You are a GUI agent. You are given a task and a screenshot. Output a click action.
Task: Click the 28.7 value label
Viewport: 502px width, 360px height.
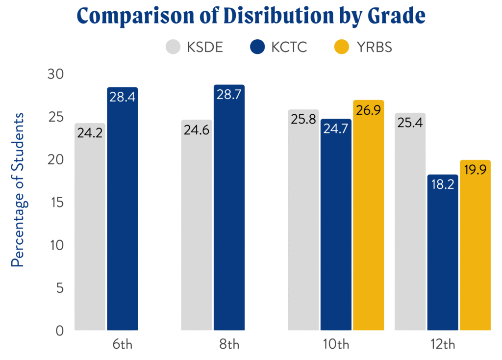tap(229, 95)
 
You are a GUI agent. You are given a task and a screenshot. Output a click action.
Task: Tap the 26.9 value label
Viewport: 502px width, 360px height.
tap(368, 110)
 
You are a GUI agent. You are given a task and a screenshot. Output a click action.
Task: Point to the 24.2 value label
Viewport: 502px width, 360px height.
tap(90, 133)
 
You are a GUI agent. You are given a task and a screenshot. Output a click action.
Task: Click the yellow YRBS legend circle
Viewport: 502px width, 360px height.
tap(341, 47)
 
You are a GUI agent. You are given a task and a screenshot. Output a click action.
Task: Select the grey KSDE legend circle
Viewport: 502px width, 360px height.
tap(174, 47)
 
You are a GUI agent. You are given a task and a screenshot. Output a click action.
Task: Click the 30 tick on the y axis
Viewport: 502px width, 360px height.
tap(55, 75)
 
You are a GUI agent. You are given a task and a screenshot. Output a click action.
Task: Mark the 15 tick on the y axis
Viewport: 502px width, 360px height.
tap(55, 203)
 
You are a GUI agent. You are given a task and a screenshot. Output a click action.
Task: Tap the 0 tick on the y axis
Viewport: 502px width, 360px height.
tap(59, 331)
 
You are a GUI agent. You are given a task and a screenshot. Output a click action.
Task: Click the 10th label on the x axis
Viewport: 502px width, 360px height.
tap(336, 344)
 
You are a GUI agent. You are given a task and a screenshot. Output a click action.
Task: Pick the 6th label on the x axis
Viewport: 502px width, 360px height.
tap(122, 344)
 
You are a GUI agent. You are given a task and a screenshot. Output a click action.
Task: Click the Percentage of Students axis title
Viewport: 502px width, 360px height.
tap(18, 190)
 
